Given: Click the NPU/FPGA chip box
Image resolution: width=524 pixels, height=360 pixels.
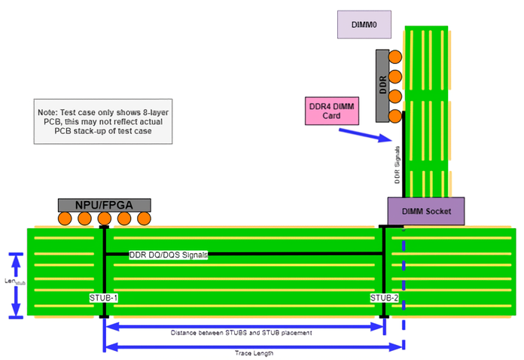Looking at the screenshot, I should (104, 204).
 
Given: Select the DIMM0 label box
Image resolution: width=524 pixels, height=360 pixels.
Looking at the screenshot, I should (363, 24).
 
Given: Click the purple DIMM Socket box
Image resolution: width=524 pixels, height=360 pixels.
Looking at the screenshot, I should (425, 211).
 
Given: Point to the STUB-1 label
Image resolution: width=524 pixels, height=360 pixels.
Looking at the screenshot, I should (104, 297).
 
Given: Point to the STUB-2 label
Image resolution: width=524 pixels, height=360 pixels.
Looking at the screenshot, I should (384, 297).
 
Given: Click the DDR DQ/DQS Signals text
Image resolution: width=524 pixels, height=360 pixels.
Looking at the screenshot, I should (169, 255).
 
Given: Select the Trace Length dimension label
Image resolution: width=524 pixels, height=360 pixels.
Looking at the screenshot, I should (254, 352).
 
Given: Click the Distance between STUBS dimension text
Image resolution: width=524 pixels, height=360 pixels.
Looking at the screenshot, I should (241, 332).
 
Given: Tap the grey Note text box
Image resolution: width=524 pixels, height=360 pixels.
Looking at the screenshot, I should (104, 121).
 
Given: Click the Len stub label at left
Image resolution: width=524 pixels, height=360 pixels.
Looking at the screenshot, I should (10, 282).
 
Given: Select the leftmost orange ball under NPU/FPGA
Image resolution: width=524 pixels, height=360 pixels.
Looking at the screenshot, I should (65, 219).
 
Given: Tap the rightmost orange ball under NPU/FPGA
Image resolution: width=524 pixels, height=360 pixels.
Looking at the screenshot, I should (143, 219).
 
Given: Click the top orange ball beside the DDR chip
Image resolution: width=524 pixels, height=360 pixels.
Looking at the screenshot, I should (395, 56).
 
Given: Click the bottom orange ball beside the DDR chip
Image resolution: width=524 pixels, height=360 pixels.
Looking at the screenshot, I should (395, 115).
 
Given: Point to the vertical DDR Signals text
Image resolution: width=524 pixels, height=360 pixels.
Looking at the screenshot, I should (397, 164).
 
